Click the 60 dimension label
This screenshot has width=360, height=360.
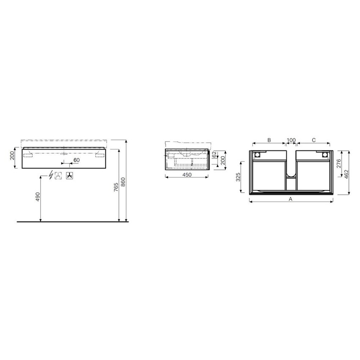[77, 160]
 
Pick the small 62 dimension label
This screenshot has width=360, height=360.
[214, 155]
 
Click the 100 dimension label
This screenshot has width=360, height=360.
[291, 140]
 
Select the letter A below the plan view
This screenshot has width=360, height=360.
[291, 198]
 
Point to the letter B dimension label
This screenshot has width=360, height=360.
[269, 140]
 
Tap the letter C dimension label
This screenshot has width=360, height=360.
[314, 140]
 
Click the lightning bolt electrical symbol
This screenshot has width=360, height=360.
[51, 175]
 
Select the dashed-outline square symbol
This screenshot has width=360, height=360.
[58, 175]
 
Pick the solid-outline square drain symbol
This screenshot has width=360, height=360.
[70, 175]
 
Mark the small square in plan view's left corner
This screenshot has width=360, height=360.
[256, 155]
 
